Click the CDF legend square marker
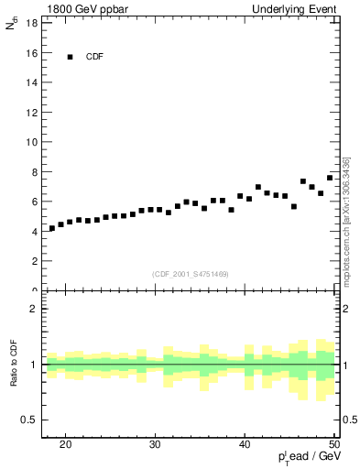click(70, 57)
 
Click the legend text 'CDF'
click(94, 57)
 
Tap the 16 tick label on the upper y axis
click(32, 53)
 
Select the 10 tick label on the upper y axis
click(32, 142)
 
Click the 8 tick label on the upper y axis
click(35, 171)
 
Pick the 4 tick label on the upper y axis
click(35, 231)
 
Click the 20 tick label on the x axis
click(65, 444)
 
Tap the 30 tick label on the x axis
click(155, 444)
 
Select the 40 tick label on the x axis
click(245, 444)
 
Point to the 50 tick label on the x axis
click(333, 444)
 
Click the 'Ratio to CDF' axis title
click(14, 364)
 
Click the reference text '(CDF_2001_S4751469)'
click(191, 274)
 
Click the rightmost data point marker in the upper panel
click(330, 178)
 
